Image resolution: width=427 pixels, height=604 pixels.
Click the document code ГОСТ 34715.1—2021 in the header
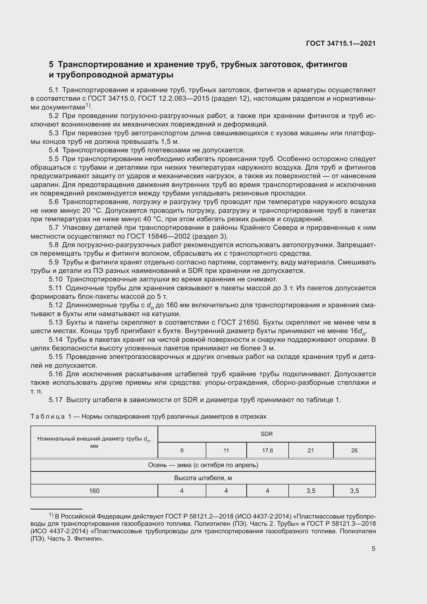[341, 43]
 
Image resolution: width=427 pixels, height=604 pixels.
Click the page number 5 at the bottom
[373, 548]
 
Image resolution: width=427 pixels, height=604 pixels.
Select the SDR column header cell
[266, 434]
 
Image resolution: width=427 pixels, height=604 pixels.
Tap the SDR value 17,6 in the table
[267, 450]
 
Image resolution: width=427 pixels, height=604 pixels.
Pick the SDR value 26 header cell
[354, 450]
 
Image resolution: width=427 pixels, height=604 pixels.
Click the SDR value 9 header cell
[182, 450]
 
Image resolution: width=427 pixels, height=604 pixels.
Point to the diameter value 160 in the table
[94, 491]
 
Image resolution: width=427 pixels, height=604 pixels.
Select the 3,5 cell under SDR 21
[311, 491]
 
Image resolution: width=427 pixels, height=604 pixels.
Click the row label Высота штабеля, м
[203, 478]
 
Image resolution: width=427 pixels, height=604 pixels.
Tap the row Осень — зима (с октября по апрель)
[203, 465]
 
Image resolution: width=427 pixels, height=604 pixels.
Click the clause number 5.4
[54, 150]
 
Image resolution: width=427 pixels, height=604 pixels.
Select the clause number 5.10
[56, 279]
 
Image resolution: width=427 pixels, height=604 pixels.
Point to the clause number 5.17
[56, 400]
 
